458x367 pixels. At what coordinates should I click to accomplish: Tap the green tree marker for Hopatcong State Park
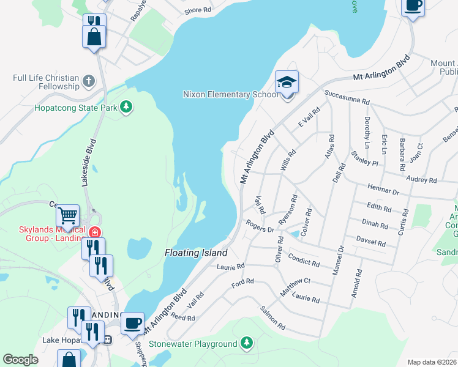126,107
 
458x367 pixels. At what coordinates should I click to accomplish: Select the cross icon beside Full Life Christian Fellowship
89,81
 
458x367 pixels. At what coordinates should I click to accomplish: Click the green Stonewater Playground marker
246,343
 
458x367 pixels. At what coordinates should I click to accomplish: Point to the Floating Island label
196,253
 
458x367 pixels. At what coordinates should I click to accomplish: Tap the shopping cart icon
67,215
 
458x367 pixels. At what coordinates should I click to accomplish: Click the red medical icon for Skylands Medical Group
94,232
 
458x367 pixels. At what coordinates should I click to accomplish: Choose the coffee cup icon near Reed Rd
132,322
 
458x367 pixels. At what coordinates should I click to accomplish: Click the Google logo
20,360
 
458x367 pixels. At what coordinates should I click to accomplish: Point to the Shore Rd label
198,11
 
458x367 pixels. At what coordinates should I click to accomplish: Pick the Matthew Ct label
296,287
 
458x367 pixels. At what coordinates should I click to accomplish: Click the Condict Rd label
304,260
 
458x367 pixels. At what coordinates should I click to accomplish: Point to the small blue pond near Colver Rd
294,234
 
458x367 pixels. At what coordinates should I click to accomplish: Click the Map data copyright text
432,362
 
